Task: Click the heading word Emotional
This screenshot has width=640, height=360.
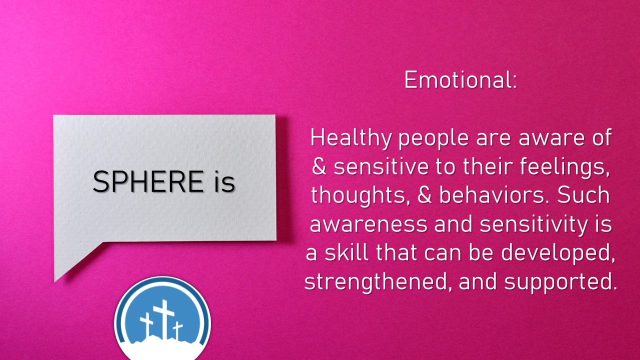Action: (x=460, y=79)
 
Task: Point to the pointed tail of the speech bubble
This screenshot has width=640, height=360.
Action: (x=55, y=280)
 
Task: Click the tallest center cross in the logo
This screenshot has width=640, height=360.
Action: (x=163, y=318)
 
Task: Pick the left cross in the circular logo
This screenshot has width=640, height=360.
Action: (x=146, y=324)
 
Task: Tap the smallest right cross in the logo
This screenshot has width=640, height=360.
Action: (x=177, y=330)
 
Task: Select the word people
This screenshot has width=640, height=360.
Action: (x=433, y=139)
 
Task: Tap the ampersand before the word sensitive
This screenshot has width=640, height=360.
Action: (x=319, y=166)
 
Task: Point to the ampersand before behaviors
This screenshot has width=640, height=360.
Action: (x=424, y=195)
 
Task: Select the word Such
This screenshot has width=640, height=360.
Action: (x=583, y=195)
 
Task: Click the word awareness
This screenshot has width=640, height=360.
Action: (x=368, y=224)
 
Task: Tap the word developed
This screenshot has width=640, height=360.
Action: (x=557, y=253)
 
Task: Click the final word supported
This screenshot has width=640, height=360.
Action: (x=560, y=282)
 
